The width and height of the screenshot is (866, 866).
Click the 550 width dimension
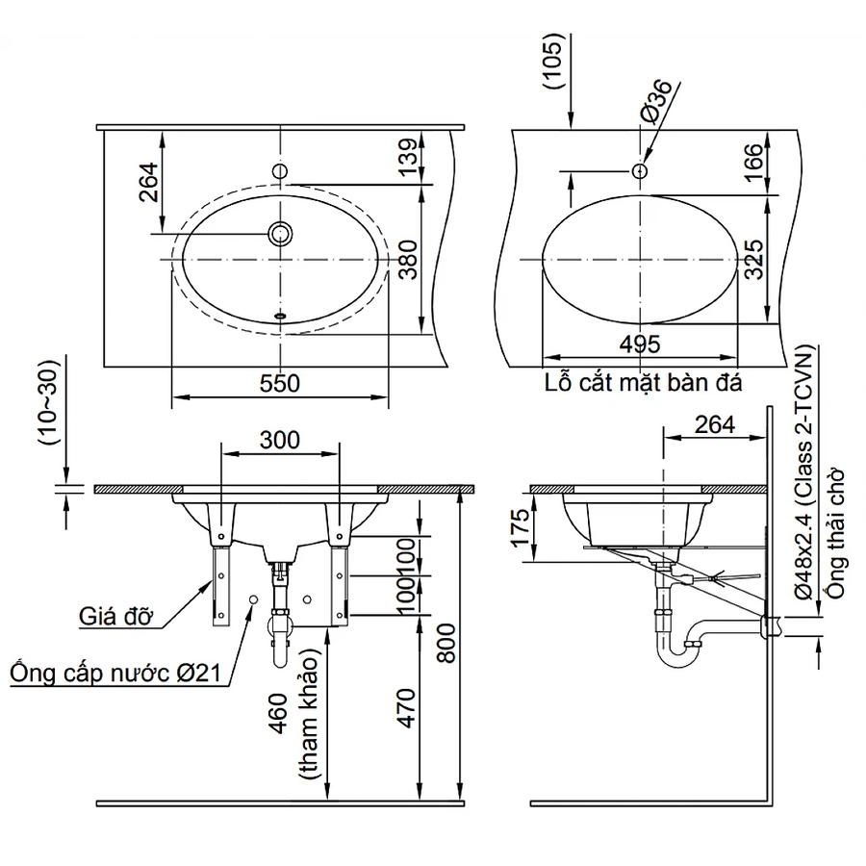click(279, 383)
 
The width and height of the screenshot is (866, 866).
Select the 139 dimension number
click(408, 158)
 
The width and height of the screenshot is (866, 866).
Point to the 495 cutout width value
click(639, 344)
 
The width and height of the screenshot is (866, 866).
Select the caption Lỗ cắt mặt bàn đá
click(642, 382)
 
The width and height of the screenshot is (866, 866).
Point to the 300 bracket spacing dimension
click(280, 440)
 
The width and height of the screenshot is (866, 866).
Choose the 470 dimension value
click(407, 707)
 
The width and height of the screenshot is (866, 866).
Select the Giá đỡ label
click(116, 617)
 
